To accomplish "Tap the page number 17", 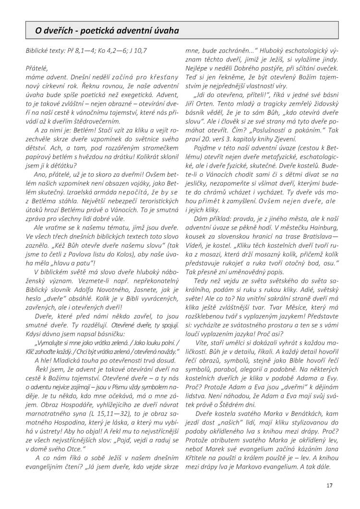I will click(329, 485).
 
